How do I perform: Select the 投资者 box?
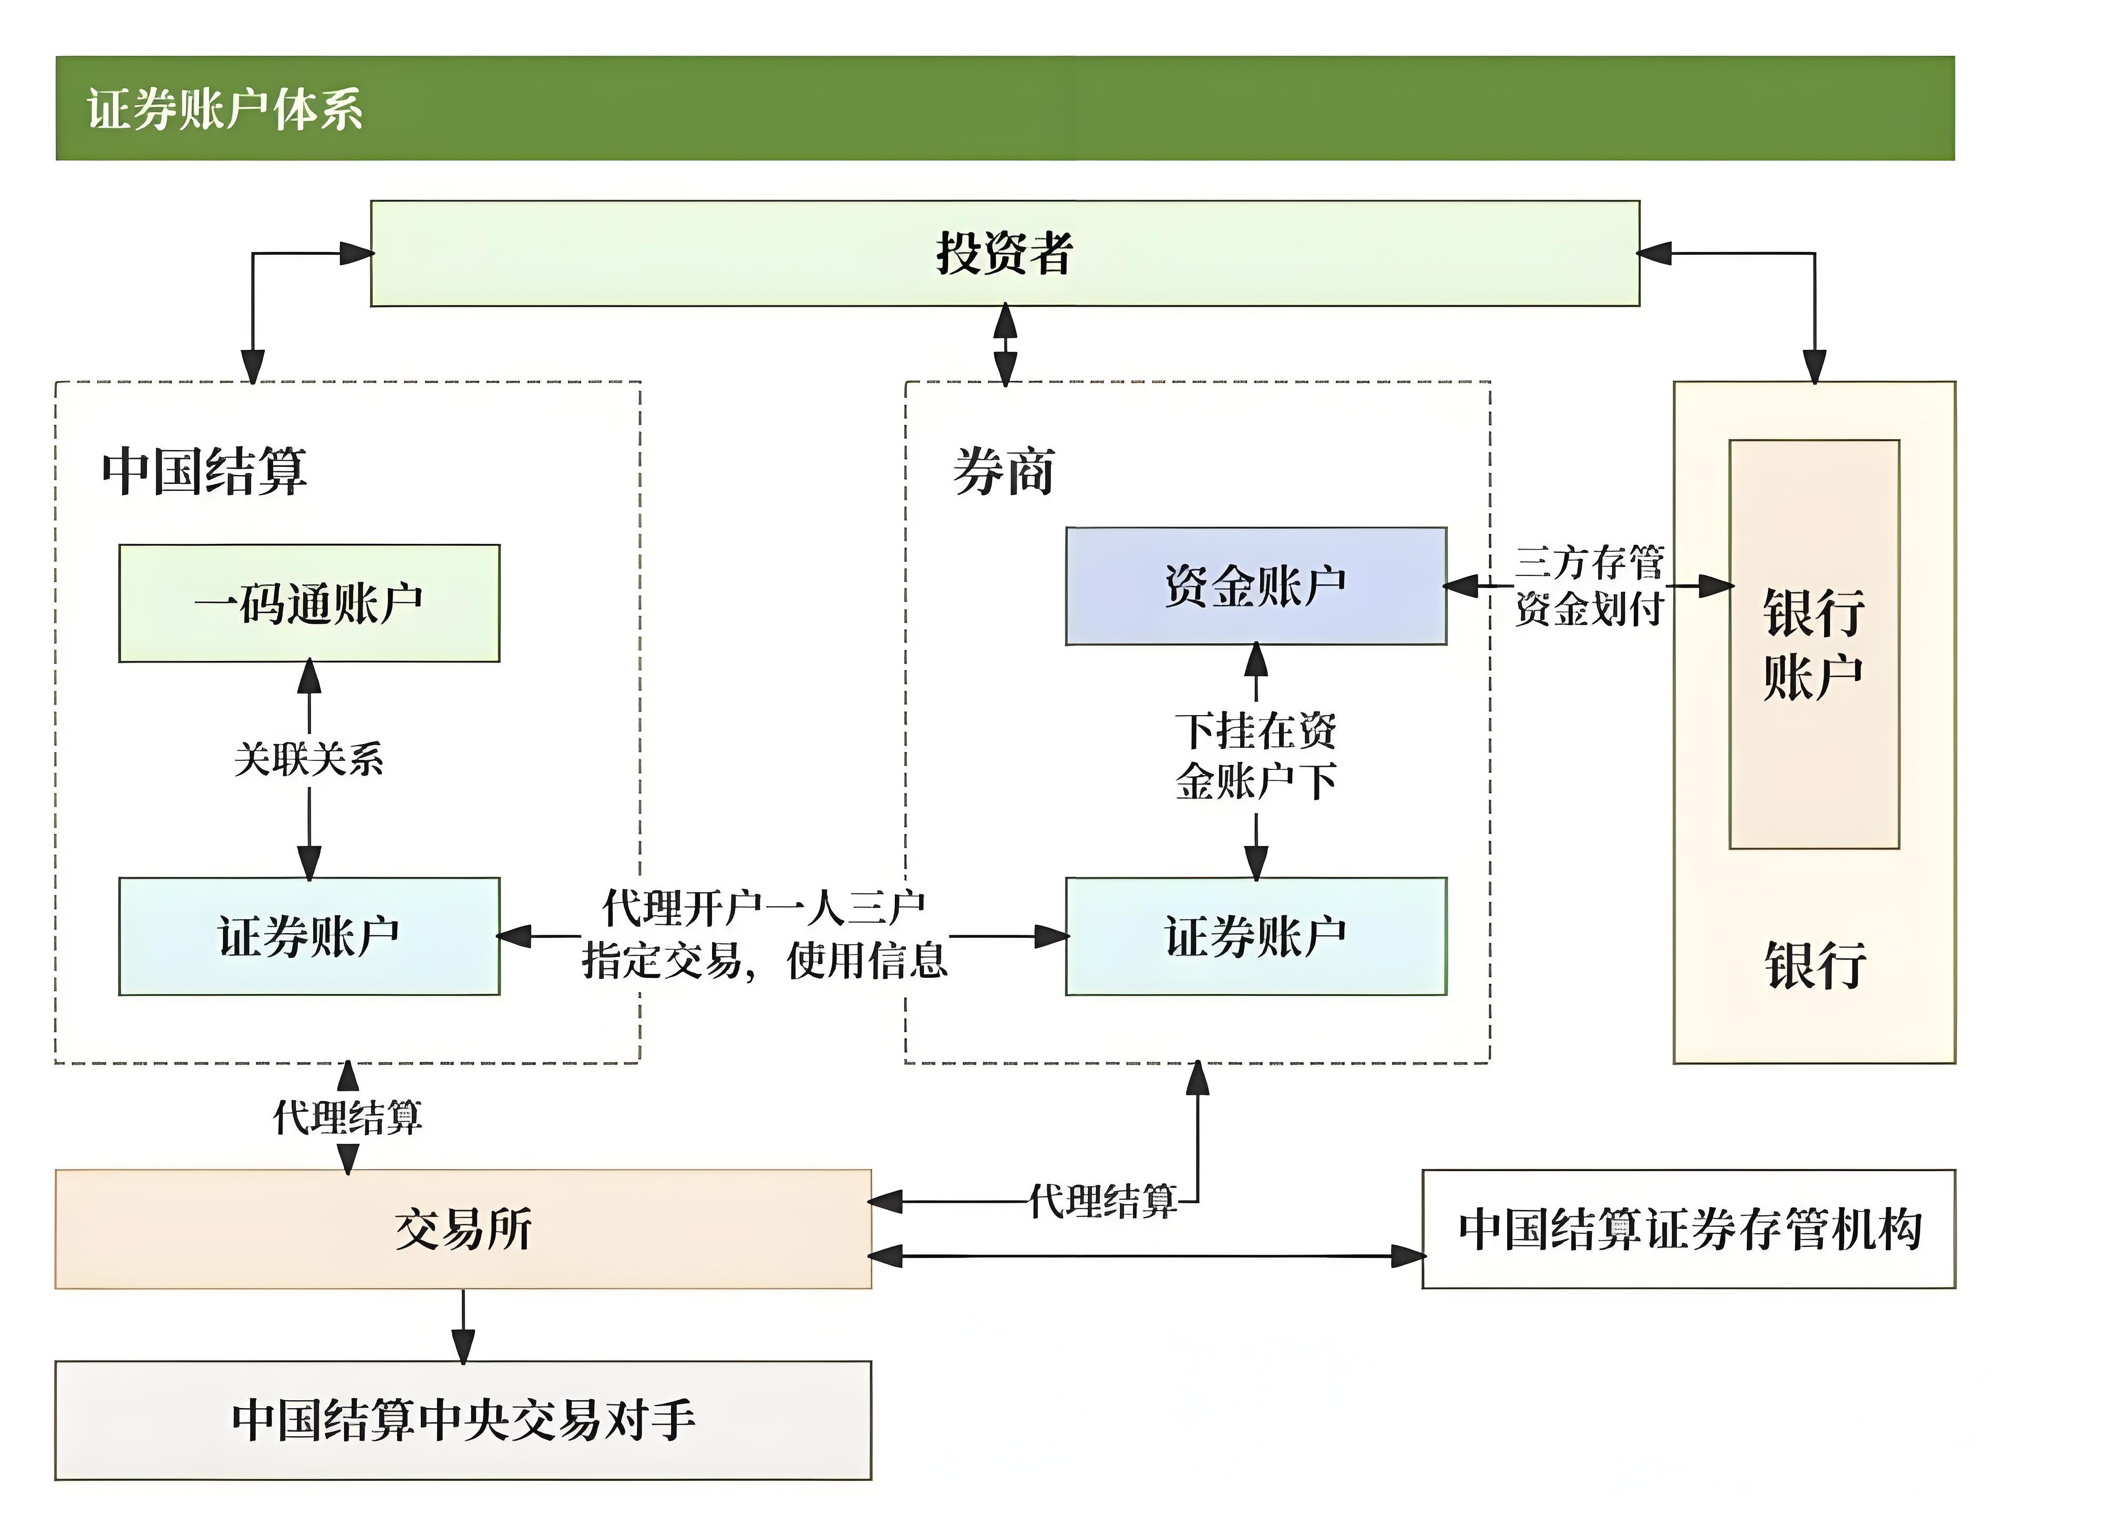pyautogui.click(x=1005, y=253)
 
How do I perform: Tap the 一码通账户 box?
pyautogui.click(x=308, y=603)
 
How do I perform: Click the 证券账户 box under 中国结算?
pyautogui.click(x=308, y=936)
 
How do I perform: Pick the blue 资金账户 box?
pyautogui.click(x=1256, y=586)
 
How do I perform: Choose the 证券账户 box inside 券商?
pyautogui.click(x=1256, y=936)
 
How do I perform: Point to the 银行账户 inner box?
pyautogui.click(x=1814, y=644)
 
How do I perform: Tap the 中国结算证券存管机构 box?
pyautogui.click(x=1688, y=1228)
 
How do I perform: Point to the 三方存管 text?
pyautogui.click(x=1590, y=562)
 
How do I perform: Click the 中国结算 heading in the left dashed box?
pyautogui.click(x=204, y=471)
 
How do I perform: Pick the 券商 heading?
pyautogui.click(x=1004, y=471)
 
